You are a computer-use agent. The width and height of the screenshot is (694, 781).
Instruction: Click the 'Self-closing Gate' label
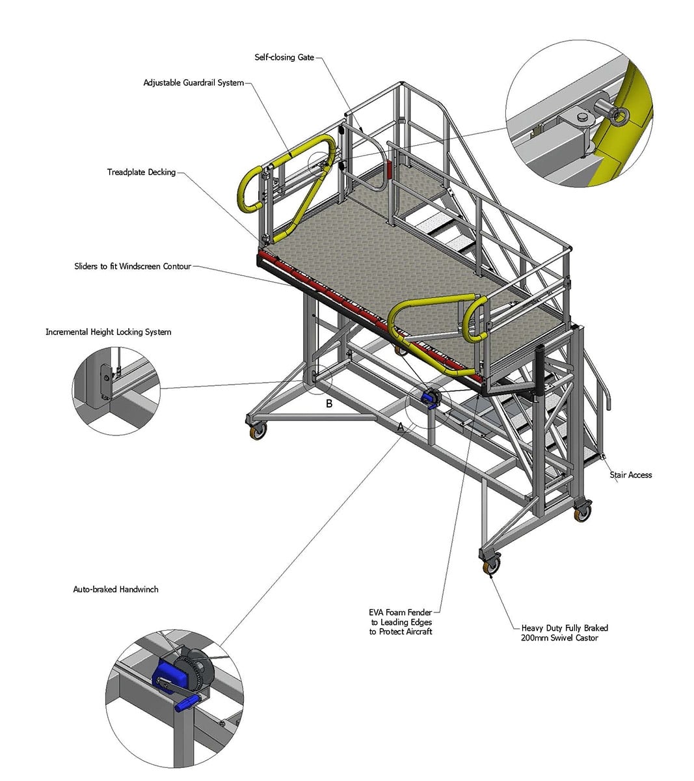284,57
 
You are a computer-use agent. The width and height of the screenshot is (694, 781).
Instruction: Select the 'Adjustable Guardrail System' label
194,83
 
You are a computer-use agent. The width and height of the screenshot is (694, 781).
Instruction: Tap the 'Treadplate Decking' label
141,172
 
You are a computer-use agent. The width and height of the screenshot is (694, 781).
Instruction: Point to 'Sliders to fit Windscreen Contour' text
133,266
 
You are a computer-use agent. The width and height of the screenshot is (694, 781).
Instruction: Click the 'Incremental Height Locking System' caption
108,332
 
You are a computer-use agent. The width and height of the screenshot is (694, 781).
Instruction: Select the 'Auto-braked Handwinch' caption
116,590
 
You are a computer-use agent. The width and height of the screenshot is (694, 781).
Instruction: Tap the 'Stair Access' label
631,475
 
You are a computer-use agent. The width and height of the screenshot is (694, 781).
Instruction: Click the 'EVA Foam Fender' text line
401,612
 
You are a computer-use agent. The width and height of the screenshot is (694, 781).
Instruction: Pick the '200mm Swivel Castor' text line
559,638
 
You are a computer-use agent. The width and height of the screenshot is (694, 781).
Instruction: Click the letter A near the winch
401,427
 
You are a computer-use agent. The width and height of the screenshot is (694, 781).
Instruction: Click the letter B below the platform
329,404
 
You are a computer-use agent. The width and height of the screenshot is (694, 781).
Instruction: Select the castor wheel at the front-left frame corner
258,431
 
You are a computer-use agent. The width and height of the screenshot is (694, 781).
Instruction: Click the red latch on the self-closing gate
389,170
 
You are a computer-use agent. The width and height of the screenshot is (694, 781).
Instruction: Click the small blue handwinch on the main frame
431,398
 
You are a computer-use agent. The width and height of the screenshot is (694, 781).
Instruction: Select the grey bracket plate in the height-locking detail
105,385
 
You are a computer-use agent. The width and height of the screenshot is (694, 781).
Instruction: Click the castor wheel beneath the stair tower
583,512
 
